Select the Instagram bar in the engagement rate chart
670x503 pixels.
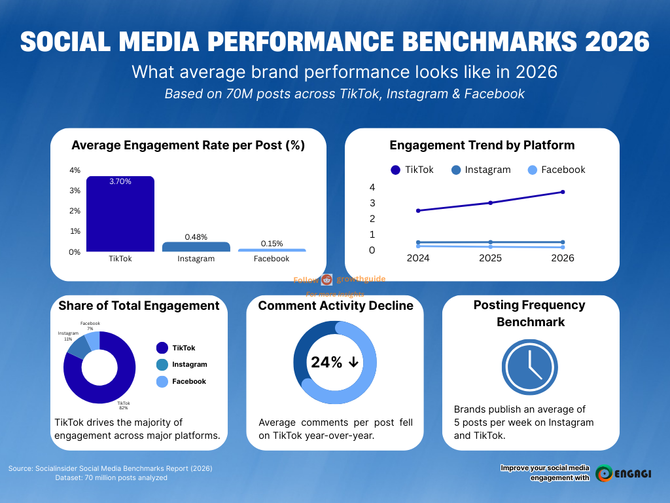pos(196,247)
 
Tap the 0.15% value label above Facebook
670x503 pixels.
pos(272,244)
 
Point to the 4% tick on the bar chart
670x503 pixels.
pos(75,170)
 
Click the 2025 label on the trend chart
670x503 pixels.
pos(490,258)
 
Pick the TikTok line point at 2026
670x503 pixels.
pos(562,192)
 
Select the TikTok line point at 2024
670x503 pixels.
pos(418,211)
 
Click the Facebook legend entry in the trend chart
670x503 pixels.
pos(556,170)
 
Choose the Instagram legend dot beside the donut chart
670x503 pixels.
pos(162,365)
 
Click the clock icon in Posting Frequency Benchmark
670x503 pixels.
pos(531,369)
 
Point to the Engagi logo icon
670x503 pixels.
pos(605,474)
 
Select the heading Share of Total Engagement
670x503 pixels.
pos(139,306)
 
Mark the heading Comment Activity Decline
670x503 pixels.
pos(335,306)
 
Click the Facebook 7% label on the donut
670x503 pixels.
pos(90,326)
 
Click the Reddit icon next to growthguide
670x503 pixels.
pos(327,279)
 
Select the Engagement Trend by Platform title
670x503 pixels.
pos(482,145)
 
